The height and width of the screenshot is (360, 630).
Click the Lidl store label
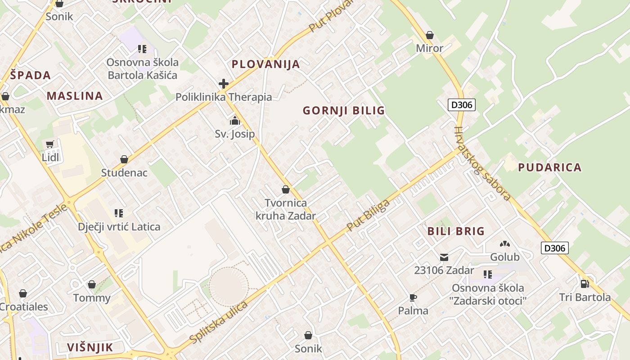click(x=50, y=157)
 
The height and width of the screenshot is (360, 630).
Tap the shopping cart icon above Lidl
click(x=49, y=144)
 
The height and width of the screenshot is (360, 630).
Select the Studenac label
click(x=124, y=173)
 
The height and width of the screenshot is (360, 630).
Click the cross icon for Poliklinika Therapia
click(x=224, y=84)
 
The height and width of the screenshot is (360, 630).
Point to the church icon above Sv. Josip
click(x=235, y=121)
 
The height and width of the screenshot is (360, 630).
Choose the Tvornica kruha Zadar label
click(x=286, y=210)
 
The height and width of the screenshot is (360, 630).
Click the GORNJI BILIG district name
click(x=344, y=111)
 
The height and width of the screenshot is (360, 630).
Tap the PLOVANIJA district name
click(x=265, y=64)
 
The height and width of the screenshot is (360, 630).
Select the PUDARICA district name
click(x=549, y=168)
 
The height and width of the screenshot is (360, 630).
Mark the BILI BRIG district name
click(x=456, y=231)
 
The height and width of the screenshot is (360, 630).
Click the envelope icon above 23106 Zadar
click(x=444, y=257)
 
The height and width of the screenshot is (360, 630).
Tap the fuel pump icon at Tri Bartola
click(x=585, y=283)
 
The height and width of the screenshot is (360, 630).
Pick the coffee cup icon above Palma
click(x=413, y=297)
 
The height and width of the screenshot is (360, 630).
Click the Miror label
click(x=430, y=48)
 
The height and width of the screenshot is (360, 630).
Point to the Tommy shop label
click(x=92, y=298)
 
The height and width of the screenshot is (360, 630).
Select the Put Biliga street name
click(x=368, y=216)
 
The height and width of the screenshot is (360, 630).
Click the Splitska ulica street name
click(x=219, y=322)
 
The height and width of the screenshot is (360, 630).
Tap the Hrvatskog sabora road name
click(x=482, y=164)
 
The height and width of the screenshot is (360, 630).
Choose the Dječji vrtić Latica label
click(x=119, y=227)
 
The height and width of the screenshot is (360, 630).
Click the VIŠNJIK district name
click(x=90, y=347)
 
